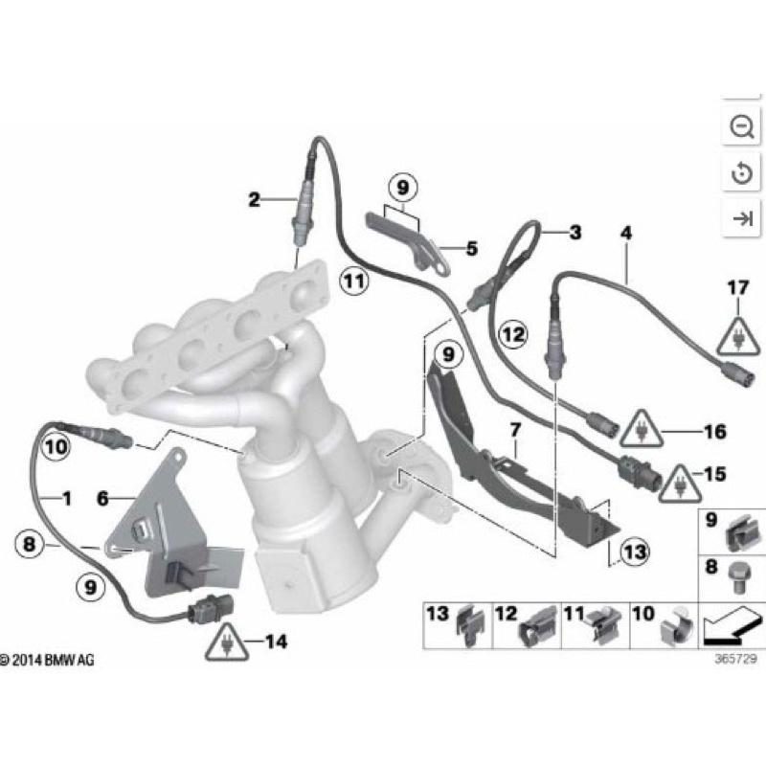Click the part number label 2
[x=254, y=200]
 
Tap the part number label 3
[x=574, y=232]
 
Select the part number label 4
[x=626, y=233]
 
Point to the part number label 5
[x=471, y=250]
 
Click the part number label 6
[x=102, y=498]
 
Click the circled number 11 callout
[x=353, y=281]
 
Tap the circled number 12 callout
[x=513, y=334]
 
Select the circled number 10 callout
[x=56, y=445]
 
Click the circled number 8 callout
[x=31, y=545]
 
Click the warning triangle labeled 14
[x=226, y=644]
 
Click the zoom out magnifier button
[x=741, y=126]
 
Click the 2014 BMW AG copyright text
[x=48, y=661]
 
